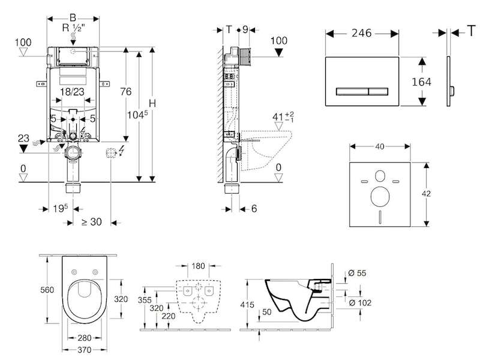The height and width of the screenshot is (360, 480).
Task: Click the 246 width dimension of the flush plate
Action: point(362,33)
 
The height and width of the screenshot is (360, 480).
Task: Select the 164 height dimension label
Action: point(422,82)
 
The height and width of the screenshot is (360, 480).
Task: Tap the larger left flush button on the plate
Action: point(352,91)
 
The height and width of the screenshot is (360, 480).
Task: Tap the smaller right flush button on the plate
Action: point(379,91)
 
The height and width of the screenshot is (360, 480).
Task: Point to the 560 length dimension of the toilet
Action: point(47,290)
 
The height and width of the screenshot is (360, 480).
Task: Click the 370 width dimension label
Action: point(84,350)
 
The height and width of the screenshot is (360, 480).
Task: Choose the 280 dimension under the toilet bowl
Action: point(84,338)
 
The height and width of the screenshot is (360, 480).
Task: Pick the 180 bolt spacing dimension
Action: point(199,266)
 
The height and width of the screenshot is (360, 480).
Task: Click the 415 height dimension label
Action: point(247,305)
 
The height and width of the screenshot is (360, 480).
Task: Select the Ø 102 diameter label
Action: point(360,303)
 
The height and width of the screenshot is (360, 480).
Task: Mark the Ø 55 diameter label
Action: point(357,273)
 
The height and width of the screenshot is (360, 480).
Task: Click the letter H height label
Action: point(152,103)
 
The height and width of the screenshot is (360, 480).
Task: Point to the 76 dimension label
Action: point(126,92)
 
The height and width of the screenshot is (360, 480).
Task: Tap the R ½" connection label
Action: point(73,28)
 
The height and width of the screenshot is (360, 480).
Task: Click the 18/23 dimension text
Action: point(72,92)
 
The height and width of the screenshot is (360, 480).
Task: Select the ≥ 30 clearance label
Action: point(92,221)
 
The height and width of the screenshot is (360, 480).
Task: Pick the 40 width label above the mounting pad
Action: point(380,146)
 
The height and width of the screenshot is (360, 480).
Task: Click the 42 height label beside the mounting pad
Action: point(426,193)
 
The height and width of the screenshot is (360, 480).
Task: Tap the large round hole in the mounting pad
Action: point(380,196)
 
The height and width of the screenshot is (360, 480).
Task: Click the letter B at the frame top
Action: point(73,18)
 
